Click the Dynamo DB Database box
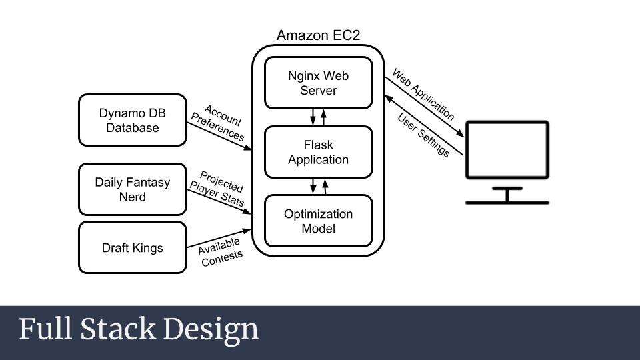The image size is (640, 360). pos(132,120)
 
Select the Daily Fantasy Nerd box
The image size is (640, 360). pos(132,189)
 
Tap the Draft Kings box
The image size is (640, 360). pos(132,248)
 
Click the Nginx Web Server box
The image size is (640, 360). pos(318,83)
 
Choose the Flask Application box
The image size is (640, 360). pos(318,152)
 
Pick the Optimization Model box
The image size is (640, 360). pos(318,221)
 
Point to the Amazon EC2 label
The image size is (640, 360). pos(318,35)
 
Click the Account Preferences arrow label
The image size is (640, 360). pos(219,123)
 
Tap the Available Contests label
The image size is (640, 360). pos(221,253)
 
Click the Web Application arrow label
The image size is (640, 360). pos(423,94)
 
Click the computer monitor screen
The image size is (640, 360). pos(507,150)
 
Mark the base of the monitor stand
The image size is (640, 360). pos(507,202)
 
